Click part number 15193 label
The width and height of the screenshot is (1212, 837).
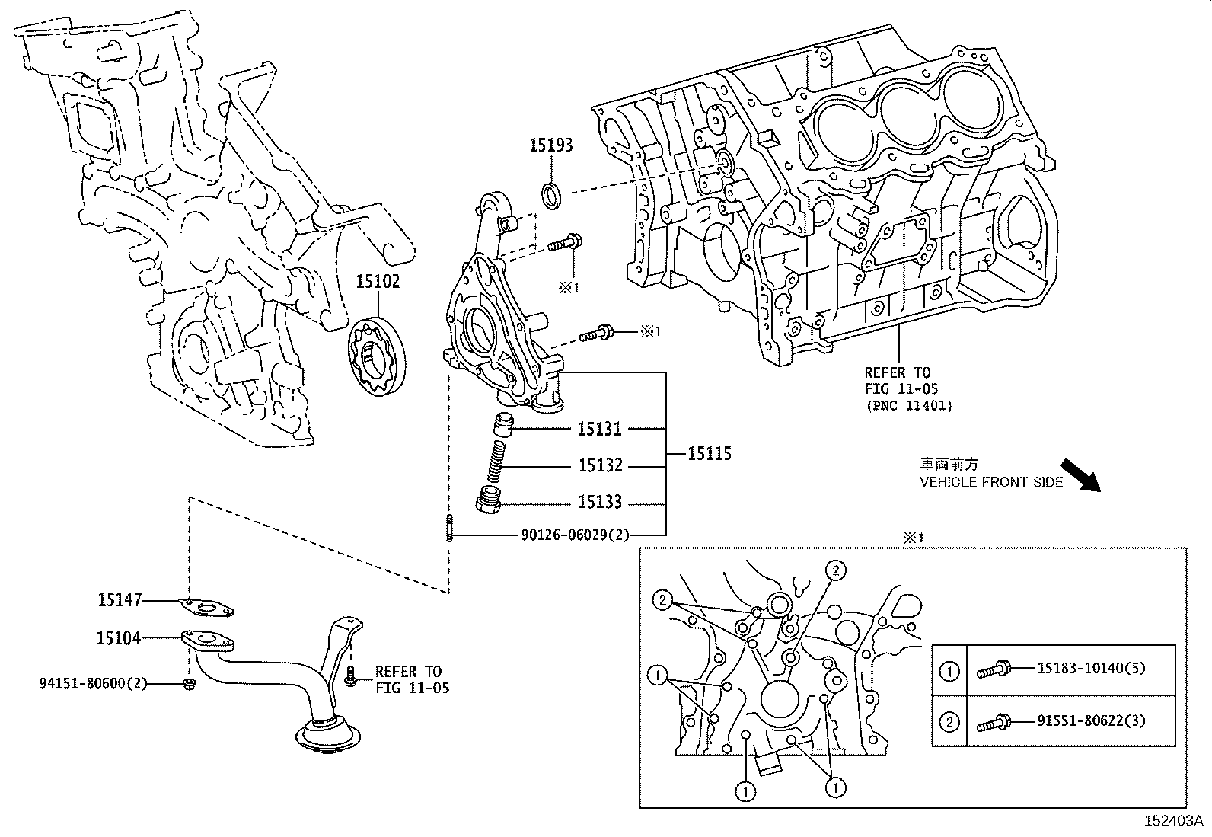point(551,145)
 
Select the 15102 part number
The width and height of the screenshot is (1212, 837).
point(378,281)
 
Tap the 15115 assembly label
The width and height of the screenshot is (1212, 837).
point(709,454)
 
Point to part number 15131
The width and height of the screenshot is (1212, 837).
point(599,429)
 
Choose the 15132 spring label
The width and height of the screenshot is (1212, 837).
point(600,465)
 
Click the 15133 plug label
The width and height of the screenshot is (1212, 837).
point(599,502)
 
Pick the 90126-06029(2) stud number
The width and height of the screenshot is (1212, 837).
point(576,535)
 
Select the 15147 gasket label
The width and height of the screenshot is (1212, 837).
point(119,601)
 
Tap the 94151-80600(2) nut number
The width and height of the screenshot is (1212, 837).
point(93,684)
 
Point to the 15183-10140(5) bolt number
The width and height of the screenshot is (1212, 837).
point(1091,668)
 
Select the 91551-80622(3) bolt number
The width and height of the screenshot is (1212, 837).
point(1091,720)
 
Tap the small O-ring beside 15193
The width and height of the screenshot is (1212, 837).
point(552,194)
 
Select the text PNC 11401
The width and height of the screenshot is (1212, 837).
point(908,406)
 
